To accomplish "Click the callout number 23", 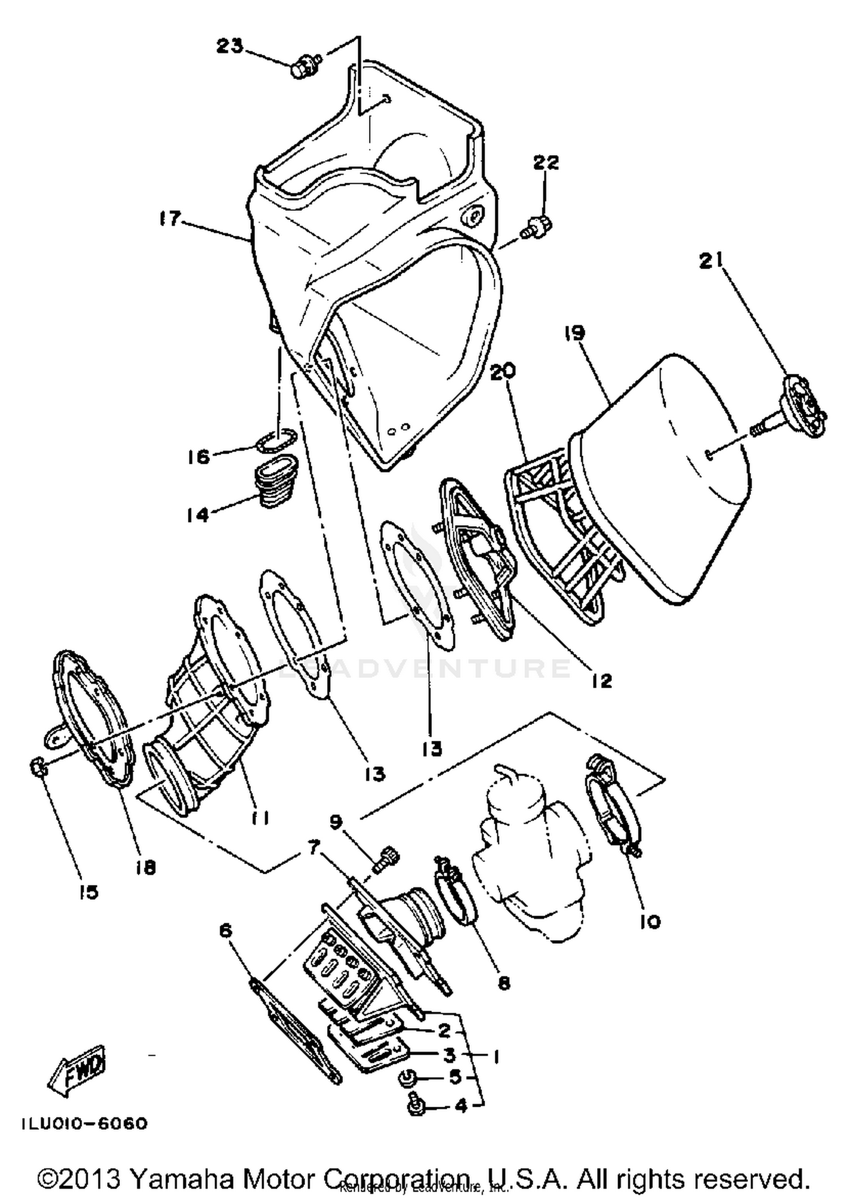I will click(x=230, y=45).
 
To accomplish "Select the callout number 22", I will click(x=546, y=162).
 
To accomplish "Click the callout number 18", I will click(x=146, y=867).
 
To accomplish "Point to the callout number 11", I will click(x=260, y=817).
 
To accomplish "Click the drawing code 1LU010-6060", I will click(x=85, y=1123).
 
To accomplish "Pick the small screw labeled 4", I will click(x=416, y=1104).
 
